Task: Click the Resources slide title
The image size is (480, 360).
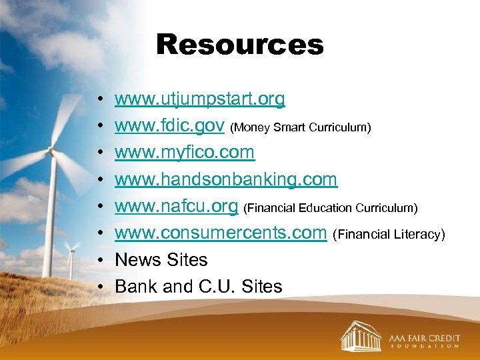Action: tap(239, 45)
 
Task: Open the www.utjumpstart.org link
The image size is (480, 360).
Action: tap(199, 99)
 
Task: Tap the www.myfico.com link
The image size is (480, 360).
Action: tap(184, 153)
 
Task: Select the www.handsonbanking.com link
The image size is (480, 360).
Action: tap(226, 179)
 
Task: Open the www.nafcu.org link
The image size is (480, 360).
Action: tap(176, 207)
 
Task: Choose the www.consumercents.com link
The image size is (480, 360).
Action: tap(221, 233)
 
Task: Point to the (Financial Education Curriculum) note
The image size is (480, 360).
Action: tap(331, 208)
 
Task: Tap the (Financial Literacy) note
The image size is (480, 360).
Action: tap(388, 235)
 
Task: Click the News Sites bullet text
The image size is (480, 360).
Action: tap(161, 260)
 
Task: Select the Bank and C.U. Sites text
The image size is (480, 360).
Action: tap(198, 287)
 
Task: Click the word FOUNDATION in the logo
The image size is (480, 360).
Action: tap(424, 347)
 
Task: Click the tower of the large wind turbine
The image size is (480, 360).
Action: tap(51, 220)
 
